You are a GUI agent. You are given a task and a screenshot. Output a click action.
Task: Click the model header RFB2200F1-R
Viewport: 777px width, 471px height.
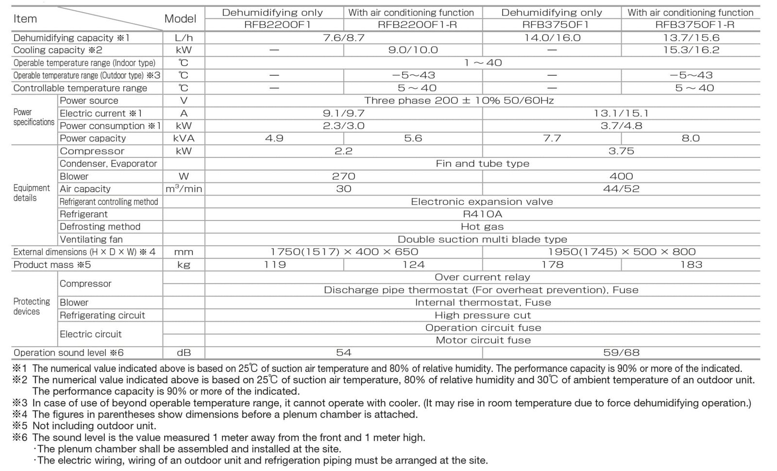[x=413, y=24]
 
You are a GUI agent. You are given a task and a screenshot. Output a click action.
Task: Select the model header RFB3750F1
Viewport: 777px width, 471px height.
[x=552, y=24]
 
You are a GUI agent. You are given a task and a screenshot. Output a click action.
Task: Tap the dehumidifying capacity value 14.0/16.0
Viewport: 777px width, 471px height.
[x=552, y=37]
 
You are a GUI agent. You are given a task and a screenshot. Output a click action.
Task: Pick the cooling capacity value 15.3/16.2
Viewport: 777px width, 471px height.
[x=691, y=50]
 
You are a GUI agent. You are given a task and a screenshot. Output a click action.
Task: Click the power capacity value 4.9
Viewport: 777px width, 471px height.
[x=274, y=138]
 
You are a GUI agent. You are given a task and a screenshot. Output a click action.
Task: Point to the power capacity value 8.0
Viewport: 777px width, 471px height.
[x=691, y=138]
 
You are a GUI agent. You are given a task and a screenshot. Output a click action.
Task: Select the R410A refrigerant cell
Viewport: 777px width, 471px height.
[x=482, y=214]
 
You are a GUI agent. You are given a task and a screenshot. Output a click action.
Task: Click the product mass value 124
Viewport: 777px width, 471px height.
[x=413, y=265]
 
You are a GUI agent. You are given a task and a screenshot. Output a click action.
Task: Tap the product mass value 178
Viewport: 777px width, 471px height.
[x=552, y=265]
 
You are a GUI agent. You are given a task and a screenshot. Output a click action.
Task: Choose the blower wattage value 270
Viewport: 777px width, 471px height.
[x=343, y=176]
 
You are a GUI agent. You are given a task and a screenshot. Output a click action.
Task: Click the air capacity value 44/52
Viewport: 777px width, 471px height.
[x=621, y=189]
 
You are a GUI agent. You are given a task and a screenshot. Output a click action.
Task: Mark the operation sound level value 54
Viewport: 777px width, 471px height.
[x=343, y=353]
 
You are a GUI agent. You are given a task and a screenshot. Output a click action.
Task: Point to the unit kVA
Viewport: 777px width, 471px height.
[x=184, y=138]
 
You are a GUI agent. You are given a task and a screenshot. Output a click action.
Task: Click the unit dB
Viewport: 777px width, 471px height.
[x=184, y=353]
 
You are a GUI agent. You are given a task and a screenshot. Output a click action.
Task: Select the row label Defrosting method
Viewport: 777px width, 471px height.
[x=100, y=227]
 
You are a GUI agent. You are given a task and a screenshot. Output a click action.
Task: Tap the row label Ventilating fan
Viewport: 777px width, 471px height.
[x=91, y=239]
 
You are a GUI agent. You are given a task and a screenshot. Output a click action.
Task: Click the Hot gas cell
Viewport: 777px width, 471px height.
[x=482, y=227]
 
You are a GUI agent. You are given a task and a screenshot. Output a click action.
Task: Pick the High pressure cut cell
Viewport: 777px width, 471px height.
[x=482, y=315]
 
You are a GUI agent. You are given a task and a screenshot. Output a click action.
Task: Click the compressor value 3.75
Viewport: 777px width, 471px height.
[x=621, y=151]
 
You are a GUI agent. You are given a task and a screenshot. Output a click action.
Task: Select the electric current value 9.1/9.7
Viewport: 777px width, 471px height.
[x=343, y=113]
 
